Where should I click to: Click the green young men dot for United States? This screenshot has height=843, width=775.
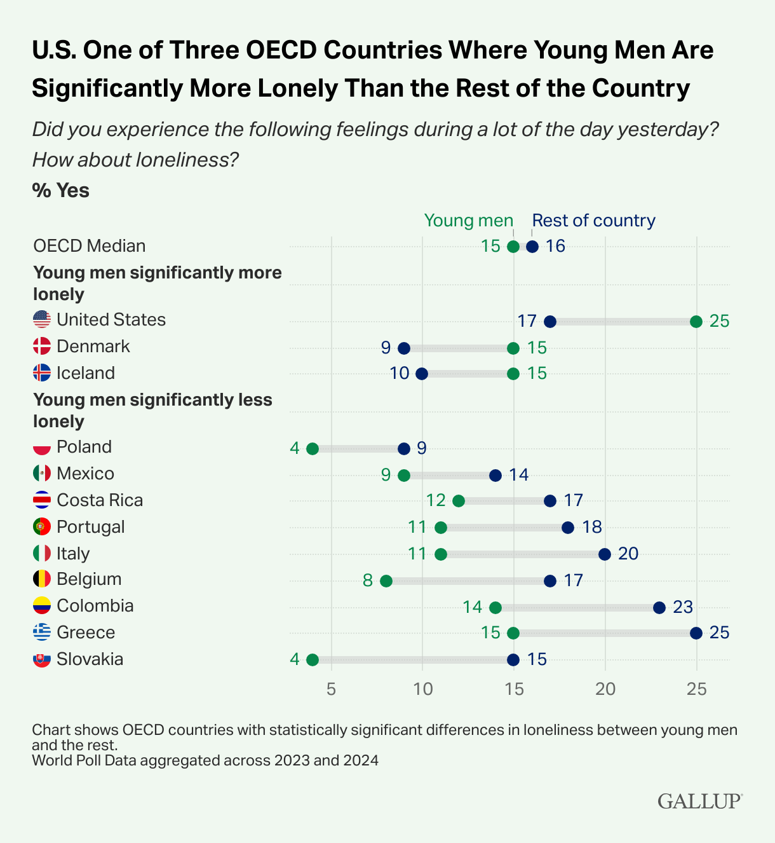[x=696, y=322]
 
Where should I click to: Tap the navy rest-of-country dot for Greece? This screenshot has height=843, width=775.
[x=696, y=633]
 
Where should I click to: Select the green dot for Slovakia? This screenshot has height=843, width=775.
[x=313, y=660]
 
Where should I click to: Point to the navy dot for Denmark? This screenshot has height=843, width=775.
[x=404, y=348]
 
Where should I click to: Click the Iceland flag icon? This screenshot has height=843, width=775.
[x=42, y=373]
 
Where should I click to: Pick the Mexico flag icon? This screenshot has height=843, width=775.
[x=42, y=474]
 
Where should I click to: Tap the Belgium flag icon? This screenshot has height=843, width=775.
[x=42, y=579]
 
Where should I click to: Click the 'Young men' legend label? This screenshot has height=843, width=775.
[x=468, y=221]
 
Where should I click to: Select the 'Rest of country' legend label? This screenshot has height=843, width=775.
[x=593, y=221]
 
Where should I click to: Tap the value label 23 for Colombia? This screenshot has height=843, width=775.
[x=682, y=607]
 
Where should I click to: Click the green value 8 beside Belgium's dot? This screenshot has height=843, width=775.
[x=368, y=580]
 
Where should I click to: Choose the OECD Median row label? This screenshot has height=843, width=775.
[x=90, y=246]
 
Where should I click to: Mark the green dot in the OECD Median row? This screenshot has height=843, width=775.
[x=513, y=247]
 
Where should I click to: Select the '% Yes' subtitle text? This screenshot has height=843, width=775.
[x=61, y=190]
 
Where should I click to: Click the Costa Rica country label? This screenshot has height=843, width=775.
[x=100, y=500]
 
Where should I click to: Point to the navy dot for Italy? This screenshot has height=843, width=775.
[x=605, y=554]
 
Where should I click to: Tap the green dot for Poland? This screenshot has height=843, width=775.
[x=313, y=449]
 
